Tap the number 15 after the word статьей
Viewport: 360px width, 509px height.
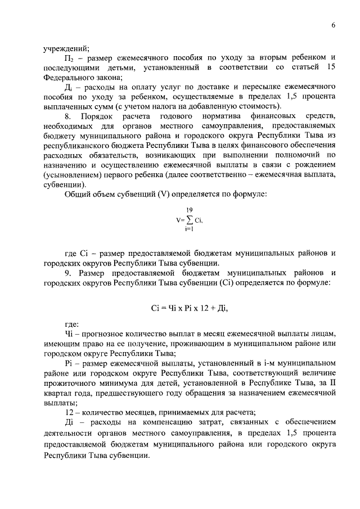click(x=331, y=67)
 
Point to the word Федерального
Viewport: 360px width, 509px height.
click(x=70, y=78)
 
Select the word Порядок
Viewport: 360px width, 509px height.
click(x=96, y=116)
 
